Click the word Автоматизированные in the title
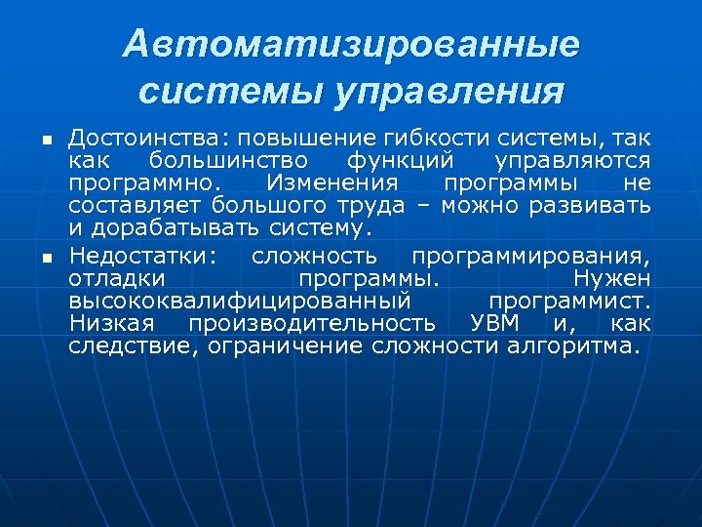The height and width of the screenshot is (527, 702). (x=351, y=44)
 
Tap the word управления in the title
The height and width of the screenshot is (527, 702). (x=449, y=91)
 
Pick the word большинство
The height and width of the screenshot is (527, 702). (x=229, y=160)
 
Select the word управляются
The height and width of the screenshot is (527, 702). (x=573, y=160)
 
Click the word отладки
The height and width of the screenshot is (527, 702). (x=110, y=277)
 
